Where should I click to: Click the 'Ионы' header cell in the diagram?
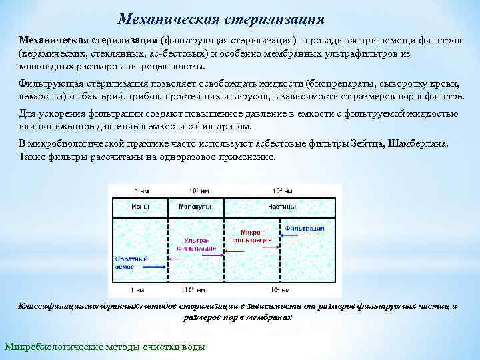tap(140, 207)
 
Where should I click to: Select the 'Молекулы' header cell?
tap(195, 207)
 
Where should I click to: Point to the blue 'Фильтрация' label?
tap(305, 228)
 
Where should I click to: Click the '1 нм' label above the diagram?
tap(137, 190)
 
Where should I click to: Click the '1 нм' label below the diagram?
tap(137, 290)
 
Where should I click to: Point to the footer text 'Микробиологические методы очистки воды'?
tap(105, 347)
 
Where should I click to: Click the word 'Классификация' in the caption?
tap(50, 306)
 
